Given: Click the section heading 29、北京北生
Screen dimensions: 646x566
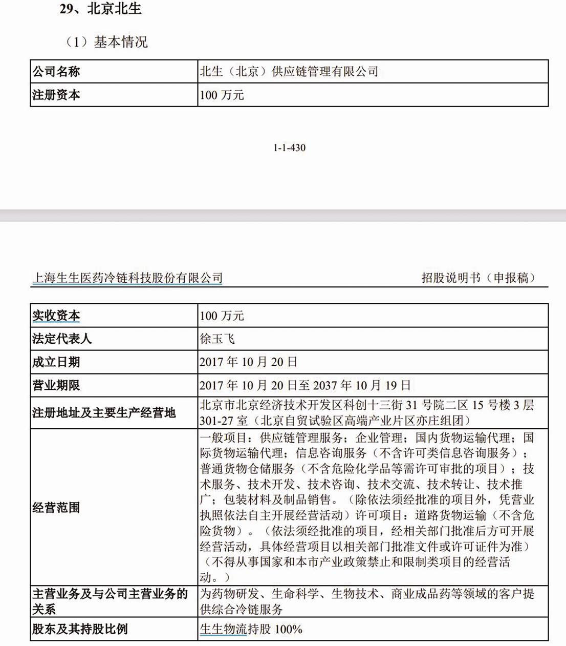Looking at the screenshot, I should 100,9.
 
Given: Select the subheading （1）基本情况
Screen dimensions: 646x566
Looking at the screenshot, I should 105,41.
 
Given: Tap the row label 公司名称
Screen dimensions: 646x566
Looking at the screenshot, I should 56,72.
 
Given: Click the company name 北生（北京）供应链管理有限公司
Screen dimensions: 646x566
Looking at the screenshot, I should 289,72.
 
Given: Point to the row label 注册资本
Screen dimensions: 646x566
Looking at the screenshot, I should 56,95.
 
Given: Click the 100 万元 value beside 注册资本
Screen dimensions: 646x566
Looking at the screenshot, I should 222,95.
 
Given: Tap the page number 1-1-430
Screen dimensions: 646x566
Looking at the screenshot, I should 289,148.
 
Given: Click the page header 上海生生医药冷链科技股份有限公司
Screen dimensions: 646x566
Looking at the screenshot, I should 127,278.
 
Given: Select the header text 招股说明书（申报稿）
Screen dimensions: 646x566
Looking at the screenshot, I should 478,278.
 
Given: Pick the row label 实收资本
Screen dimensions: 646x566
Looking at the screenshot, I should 56,316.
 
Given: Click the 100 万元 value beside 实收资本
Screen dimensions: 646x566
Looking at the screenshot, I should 222,316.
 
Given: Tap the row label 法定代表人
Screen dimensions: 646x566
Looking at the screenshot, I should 62,339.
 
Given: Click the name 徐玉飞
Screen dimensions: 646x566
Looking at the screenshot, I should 217,339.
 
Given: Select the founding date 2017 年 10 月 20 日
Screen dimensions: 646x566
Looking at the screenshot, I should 248,362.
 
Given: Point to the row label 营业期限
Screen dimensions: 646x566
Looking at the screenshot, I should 56,385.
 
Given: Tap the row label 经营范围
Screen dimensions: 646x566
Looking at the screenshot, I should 56,508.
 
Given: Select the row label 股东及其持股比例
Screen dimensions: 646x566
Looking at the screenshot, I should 80,629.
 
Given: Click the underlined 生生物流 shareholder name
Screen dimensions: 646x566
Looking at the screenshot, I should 223,629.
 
